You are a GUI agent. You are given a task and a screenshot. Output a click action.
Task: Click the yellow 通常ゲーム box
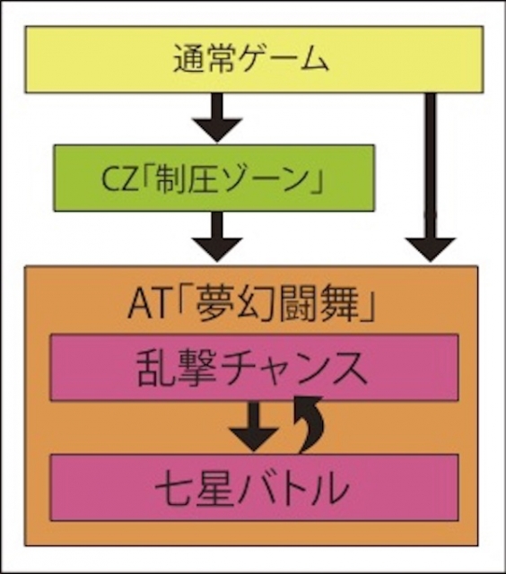click(254, 59)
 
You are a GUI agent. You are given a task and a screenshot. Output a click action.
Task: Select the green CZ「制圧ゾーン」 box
click(214, 178)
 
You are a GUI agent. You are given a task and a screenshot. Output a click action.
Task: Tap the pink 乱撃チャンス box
click(254, 367)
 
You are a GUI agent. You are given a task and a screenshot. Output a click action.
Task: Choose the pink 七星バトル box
click(254, 488)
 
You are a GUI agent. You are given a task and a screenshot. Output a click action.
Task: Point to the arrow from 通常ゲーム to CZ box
click(217, 117)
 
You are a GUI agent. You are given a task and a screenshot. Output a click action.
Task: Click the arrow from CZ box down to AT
click(217, 237)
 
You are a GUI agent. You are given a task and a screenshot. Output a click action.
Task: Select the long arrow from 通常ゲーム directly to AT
click(431, 178)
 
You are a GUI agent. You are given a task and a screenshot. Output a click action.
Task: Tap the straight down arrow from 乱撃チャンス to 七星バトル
click(253, 427)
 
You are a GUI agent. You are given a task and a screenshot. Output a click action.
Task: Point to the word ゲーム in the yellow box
click(282, 59)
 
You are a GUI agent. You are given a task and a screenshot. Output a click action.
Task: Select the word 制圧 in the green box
click(186, 179)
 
